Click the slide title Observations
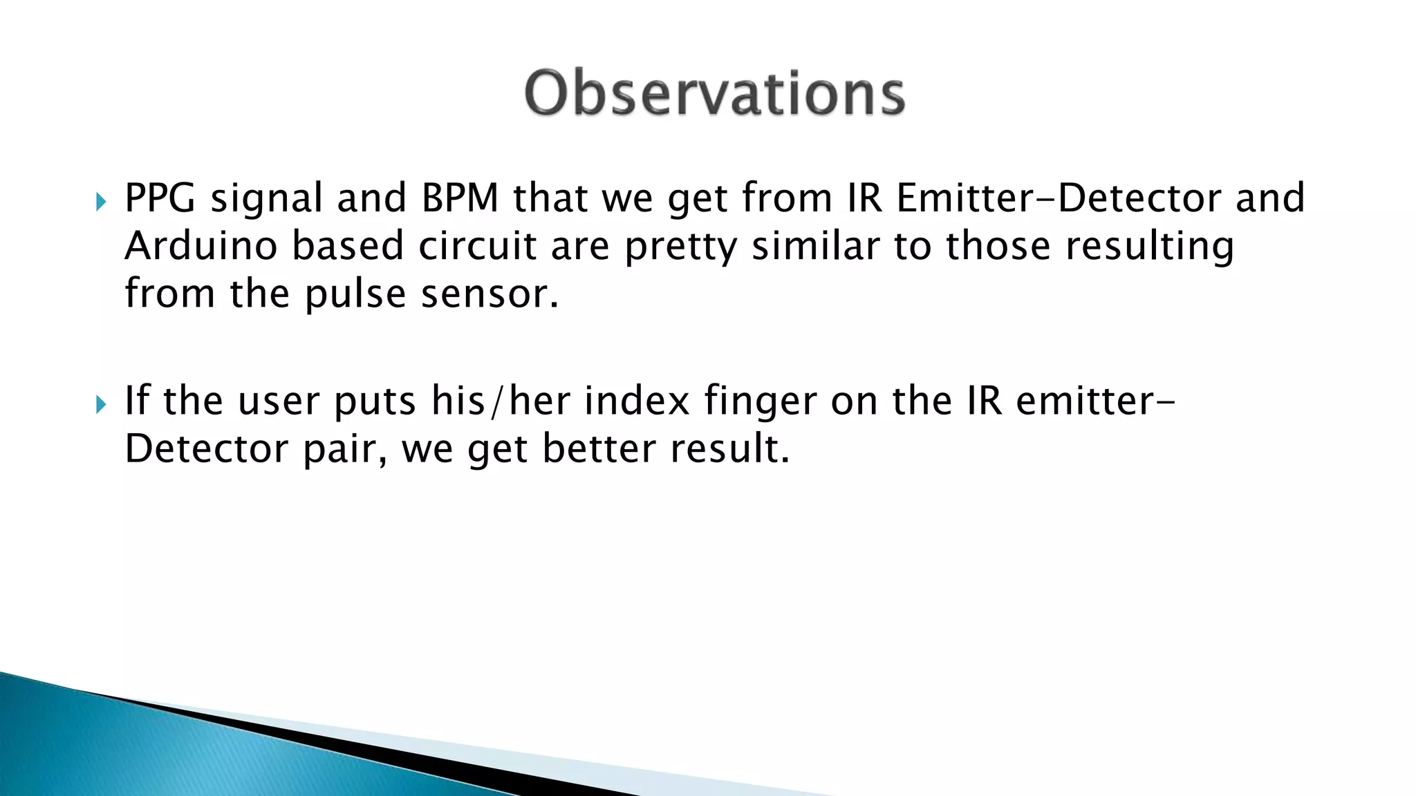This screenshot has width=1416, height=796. tap(714, 93)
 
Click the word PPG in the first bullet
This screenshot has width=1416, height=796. tap(160, 198)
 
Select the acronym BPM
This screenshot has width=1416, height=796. tap(460, 198)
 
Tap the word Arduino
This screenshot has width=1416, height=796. tap(201, 246)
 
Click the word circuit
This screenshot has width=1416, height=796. tap(477, 246)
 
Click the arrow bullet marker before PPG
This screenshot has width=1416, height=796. tap(102, 202)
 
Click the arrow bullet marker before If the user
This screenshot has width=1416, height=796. tap(102, 404)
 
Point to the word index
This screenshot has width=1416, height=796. tap(637, 401)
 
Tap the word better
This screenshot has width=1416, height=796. tap(597, 449)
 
